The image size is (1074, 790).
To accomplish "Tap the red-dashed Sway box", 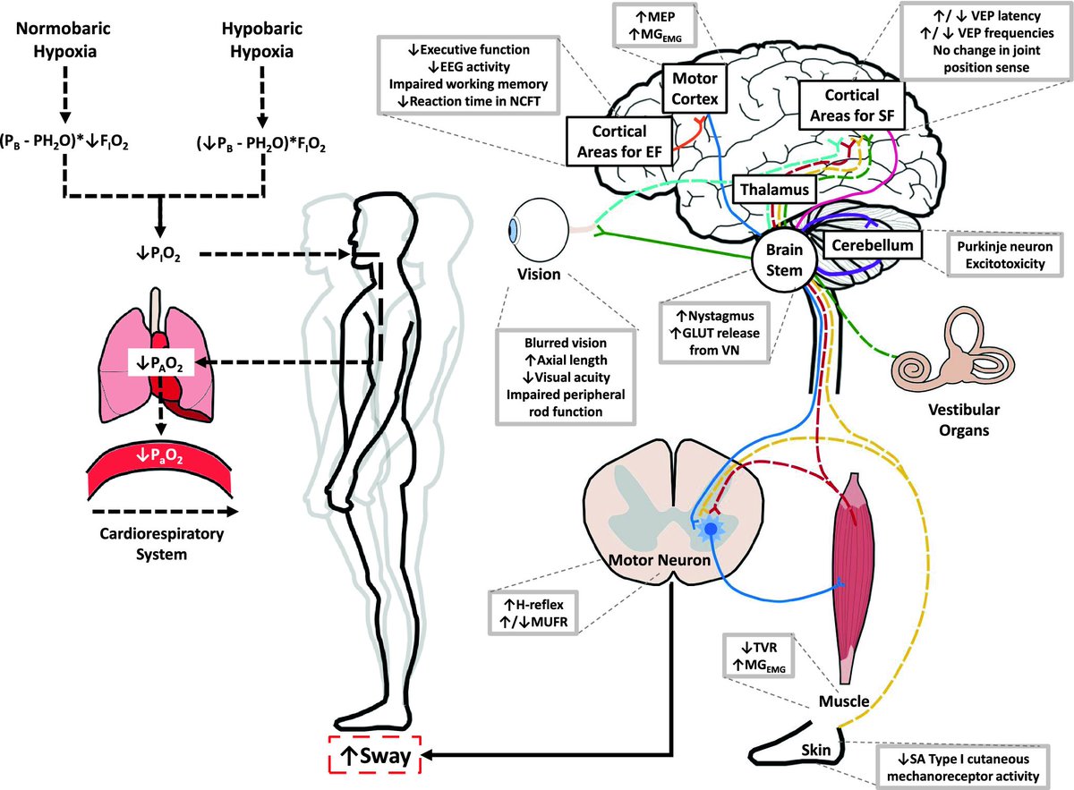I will click(375, 756).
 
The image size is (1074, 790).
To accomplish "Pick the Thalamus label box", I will click(774, 190).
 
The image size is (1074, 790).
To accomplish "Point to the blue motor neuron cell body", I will click(712, 530).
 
